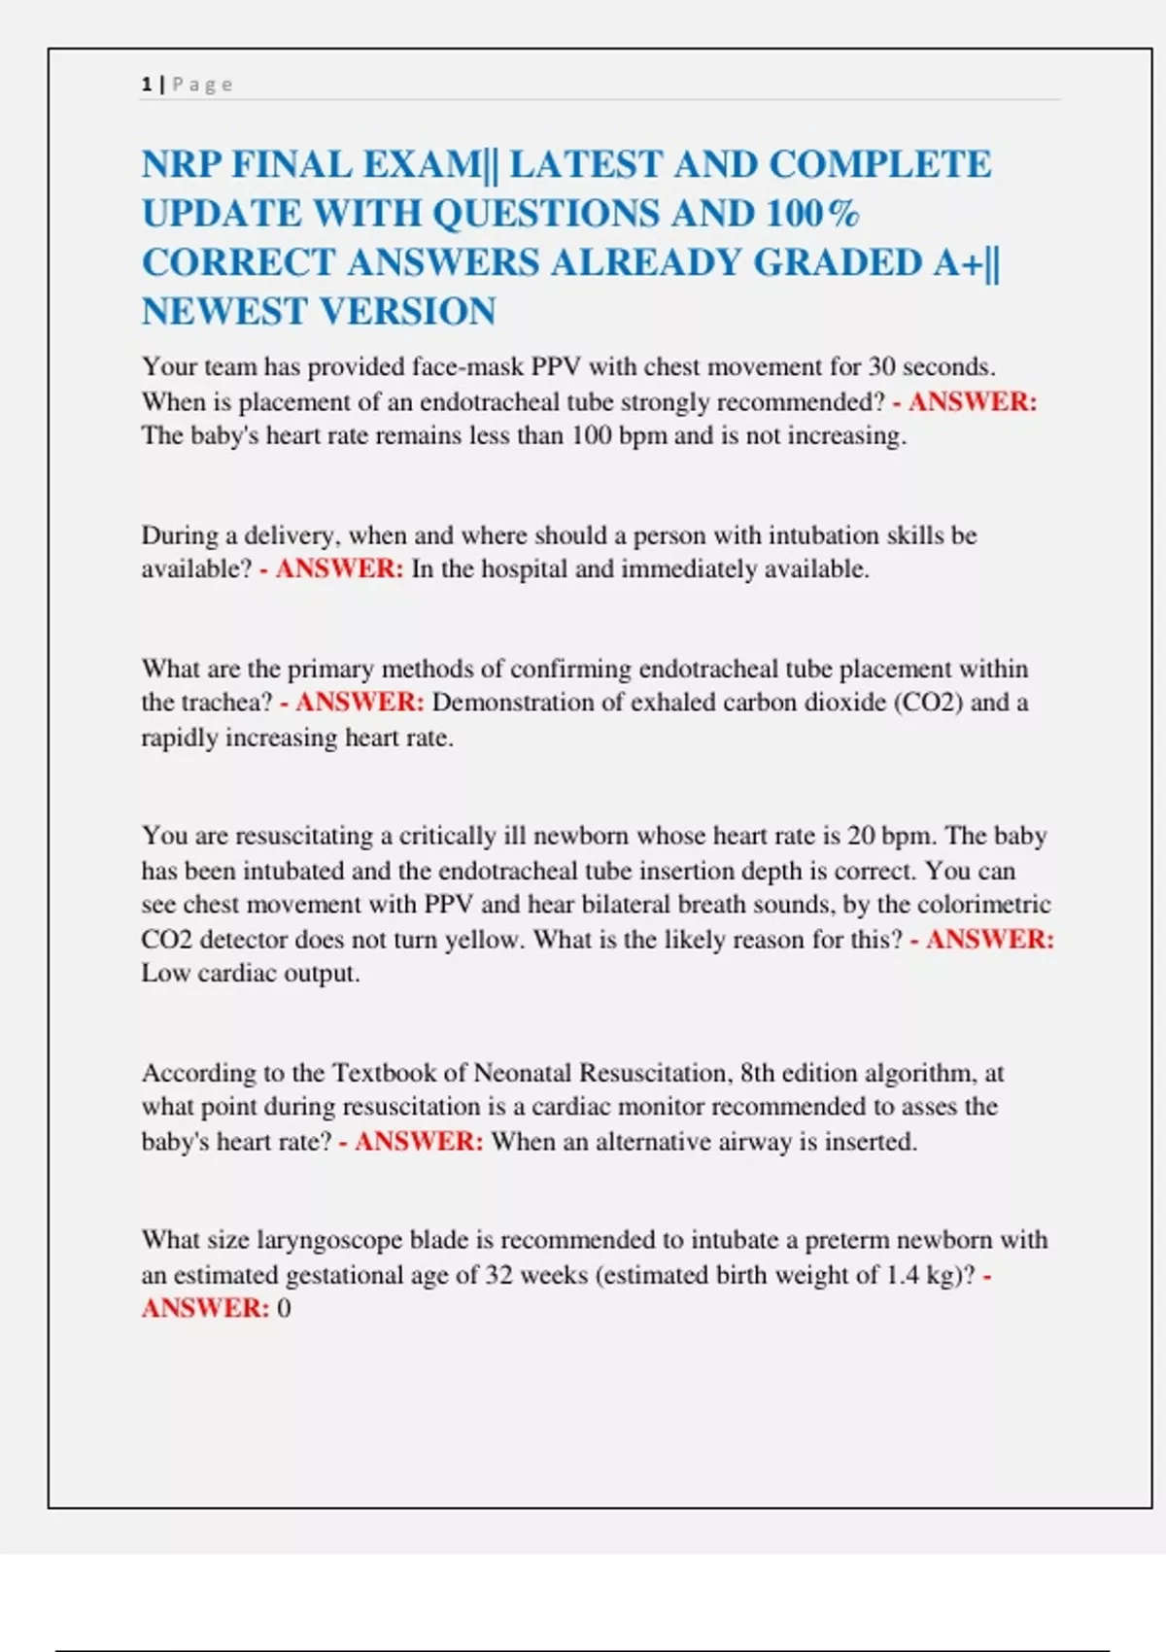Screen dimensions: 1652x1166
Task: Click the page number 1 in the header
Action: click(x=146, y=85)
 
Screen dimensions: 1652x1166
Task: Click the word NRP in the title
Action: click(x=181, y=164)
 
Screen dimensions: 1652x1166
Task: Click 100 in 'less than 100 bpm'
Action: click(x=591, y=435)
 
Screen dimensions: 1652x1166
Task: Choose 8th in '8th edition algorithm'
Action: click(x=758, y=1073)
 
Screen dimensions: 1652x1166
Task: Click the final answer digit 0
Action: click(x=284, y=1308)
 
